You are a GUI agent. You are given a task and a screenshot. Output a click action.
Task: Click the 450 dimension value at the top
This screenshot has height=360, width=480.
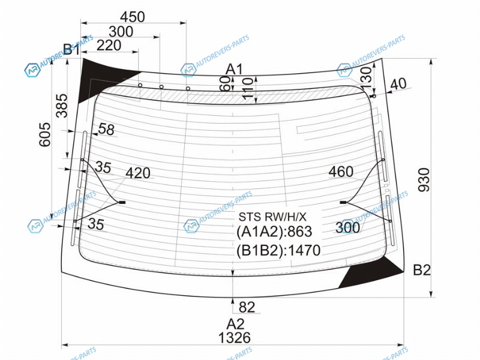pos(132,17)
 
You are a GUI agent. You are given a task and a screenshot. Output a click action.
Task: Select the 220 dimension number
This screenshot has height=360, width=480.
pos(109,46)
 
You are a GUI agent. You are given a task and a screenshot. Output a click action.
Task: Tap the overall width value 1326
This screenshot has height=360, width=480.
pos(235,338)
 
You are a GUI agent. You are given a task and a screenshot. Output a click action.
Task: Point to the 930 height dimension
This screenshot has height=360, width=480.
pos(424,179)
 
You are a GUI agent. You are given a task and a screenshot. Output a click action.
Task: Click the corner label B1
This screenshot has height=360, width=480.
pos(71,50)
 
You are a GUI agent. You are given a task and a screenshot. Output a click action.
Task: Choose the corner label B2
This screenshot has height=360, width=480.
pos(422,270)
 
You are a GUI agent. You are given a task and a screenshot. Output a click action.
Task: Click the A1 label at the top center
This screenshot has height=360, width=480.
pos(234,70)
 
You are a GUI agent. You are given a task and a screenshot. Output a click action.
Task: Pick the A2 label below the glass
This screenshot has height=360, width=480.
pos(235,324)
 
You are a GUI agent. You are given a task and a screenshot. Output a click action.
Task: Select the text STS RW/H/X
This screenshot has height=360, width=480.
pos(272,217)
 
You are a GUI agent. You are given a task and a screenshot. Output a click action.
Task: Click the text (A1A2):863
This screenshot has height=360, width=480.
pos(274,232)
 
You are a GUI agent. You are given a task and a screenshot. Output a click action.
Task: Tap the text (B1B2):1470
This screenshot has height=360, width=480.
pos(278,250)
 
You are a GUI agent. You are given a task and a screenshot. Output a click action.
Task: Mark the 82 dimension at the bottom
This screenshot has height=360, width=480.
pos(247,307)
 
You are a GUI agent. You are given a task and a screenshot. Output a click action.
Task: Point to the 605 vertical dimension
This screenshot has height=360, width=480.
pos(45,134)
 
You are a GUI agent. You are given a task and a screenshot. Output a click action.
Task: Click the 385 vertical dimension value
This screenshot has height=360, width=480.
pos(62,106)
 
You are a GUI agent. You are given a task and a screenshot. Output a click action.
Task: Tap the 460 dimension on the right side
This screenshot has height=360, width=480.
pos(341,172)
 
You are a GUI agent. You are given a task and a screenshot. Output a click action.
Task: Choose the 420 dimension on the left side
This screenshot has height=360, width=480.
pos(138,173)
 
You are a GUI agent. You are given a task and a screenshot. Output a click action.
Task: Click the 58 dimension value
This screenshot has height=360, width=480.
pos(106,130)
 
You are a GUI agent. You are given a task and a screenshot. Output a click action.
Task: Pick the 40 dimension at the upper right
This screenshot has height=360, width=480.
pos(398,84)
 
